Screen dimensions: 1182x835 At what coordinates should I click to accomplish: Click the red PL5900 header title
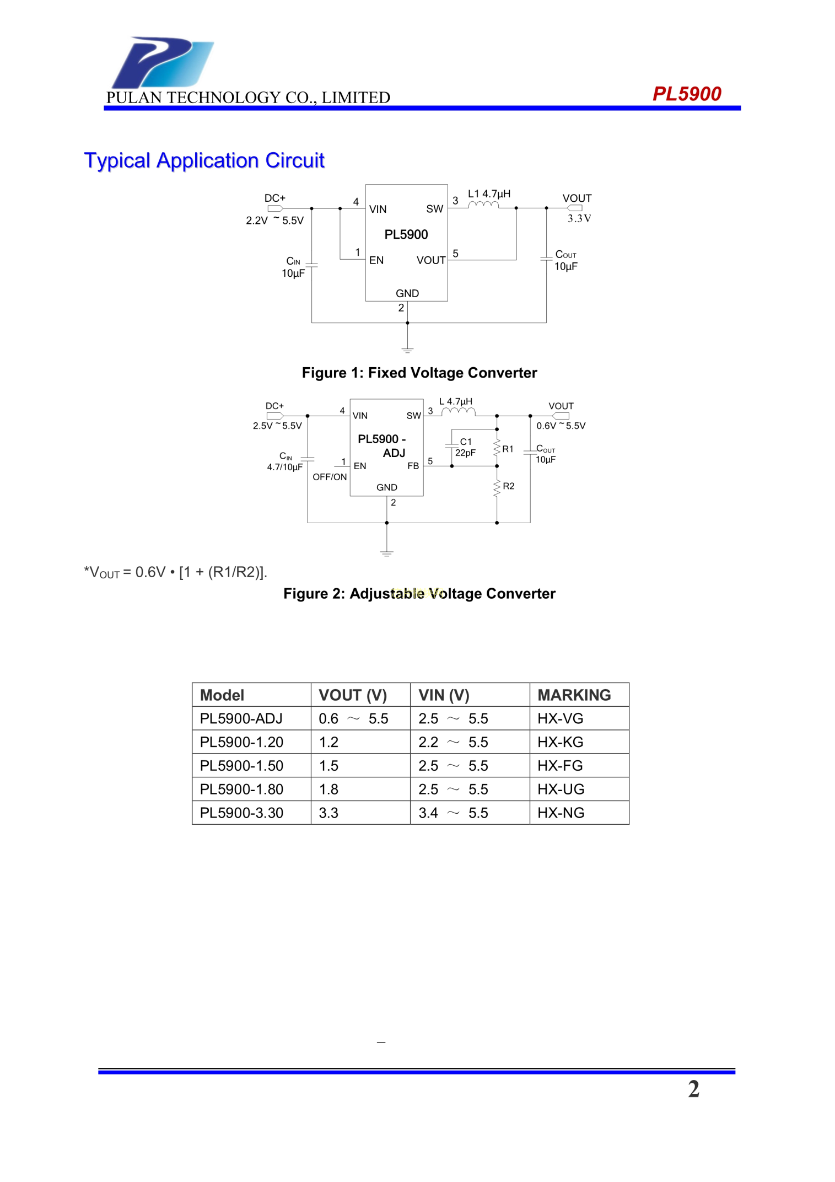(686, 94)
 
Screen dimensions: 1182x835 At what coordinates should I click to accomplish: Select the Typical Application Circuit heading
(204, 160)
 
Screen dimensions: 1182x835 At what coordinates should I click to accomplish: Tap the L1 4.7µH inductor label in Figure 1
(489, 194)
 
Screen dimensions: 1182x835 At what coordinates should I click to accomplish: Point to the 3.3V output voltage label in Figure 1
(579, 218)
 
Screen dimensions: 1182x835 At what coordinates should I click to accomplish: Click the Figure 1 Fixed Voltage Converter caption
(419, 373)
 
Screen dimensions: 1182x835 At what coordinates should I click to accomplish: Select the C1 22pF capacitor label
(465, 447)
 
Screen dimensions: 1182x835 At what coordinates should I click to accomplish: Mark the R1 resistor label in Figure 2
(508, 449)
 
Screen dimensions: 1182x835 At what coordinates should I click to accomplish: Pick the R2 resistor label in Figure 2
(508, 486)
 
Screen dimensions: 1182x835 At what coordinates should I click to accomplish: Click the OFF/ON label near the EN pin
(330, 477)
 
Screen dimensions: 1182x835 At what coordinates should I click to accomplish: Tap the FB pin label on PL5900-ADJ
(413, 466)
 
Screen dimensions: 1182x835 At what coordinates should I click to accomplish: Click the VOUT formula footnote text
(175, 572)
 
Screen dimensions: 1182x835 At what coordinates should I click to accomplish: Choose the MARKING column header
(574, 695)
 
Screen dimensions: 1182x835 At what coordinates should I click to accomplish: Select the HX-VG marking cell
(560, 719)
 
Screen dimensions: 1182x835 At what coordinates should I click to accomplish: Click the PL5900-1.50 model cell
(241, 766)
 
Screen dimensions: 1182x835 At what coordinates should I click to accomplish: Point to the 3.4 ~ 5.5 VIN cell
(452, 813)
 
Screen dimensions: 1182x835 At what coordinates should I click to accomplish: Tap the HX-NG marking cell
(561, 813)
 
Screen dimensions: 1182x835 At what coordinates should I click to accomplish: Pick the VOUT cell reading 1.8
(328, 789)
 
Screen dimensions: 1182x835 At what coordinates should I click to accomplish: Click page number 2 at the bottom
(693, 1089)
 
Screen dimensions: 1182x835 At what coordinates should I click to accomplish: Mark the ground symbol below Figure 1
(407, 350)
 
